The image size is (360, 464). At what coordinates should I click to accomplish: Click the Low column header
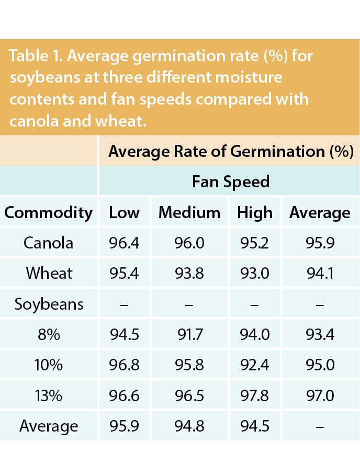point(124,212)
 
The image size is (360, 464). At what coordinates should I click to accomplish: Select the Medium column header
point(189,212)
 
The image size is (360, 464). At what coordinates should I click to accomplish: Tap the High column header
point(255,212)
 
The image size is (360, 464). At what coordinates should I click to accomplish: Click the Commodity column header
point(48,212)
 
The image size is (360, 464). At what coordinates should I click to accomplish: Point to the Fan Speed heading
point(231,182)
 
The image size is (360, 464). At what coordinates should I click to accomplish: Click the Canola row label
point(49,243)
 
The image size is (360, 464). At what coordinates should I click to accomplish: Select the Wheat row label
point(49,273)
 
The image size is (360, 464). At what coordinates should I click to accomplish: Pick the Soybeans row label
point(49,304)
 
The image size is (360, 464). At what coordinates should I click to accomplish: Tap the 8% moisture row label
point(49,334)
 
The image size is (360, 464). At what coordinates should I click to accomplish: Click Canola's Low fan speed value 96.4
point(124,243)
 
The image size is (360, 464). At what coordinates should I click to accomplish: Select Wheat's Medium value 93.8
point(189,273)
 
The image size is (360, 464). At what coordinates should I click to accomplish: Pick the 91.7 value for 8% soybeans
point(189,334)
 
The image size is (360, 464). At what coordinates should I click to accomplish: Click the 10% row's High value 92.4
point(255,365)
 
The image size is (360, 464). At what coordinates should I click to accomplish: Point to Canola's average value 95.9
point(320,243)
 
